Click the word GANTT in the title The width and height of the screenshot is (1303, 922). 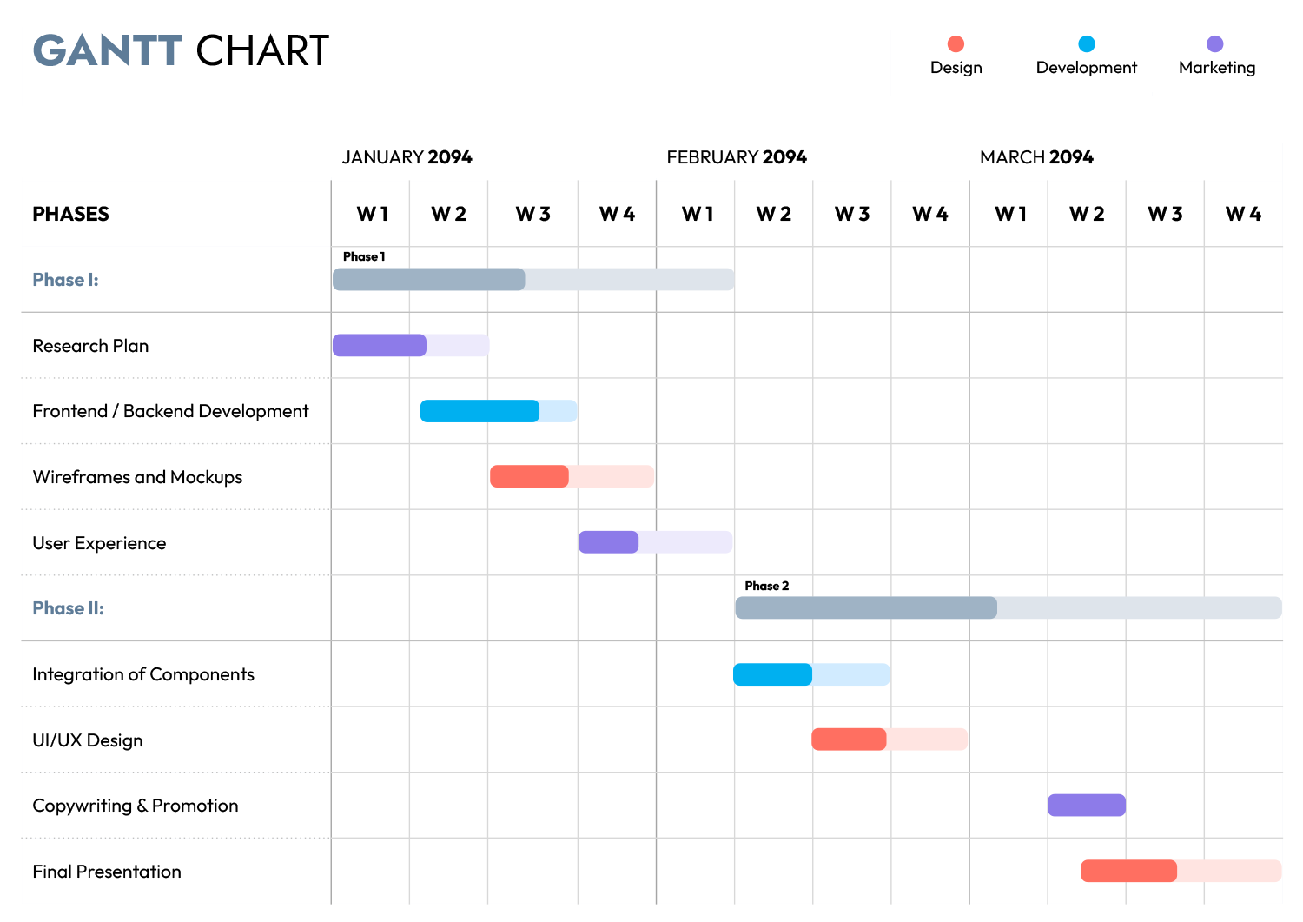[x=108, y=50]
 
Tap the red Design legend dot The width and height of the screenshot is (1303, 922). [x=956, y=44]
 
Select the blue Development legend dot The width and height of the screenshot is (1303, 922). [x=1086, y=44]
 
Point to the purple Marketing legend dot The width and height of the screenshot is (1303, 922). [x=1214, y=44]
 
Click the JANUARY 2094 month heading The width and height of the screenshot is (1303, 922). [x=407, y=157]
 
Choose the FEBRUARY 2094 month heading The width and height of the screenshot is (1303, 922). [x=736, y=157]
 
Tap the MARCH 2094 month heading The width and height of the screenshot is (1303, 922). [x=1036, y=157]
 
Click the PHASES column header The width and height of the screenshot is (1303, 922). [x=70, y=214]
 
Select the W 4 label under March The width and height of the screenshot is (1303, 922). [x=1243, y=214]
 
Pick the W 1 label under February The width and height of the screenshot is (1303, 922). [x=698, y=214]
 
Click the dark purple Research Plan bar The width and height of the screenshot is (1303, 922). [x=380, y=346]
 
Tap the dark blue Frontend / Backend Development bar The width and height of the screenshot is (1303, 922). [x=480, y=411]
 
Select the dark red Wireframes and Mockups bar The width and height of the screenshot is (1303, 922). [x=529, y=476]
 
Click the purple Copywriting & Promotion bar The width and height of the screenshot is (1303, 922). [x=1086, y=806]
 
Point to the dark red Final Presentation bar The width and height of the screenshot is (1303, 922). [x=1128, y=871]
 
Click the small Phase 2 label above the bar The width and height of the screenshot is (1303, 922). [x=766, y=586]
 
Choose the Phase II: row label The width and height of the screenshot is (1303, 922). [x=68, y=608]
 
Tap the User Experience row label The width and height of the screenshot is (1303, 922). [x=99, y=543]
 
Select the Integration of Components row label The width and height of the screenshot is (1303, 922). [x=143, y=674]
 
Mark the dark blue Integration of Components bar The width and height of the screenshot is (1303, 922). [x=772, y=674]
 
